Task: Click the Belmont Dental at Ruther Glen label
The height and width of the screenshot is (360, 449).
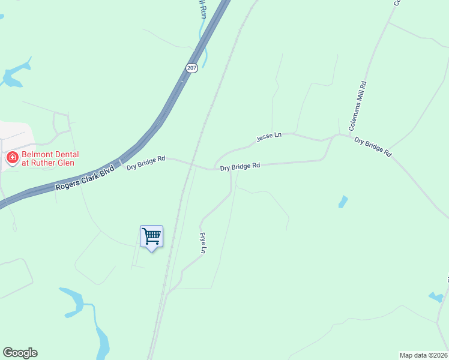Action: pyautogui.click(x=50, y=158)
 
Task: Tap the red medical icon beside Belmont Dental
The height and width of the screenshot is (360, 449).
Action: pyautogui.click(x=11, y=158)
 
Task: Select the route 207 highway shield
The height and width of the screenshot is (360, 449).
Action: pyautogui.click(x=191, y=68)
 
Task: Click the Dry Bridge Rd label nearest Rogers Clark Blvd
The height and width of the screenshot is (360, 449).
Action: pyautogui.click(x=146, y=162)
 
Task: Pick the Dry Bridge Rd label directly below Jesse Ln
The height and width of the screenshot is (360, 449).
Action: pyautogui.click(x=240, y=167)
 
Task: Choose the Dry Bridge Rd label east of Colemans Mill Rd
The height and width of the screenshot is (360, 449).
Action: pyautogui.click(x=373, y=146)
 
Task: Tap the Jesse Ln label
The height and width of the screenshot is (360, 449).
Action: pyautogui.click(x=269, y=137)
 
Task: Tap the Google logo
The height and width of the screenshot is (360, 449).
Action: pyautogui.click(x=20, y=353)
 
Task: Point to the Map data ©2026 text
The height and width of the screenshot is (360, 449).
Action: pyautogui.click(x=423, y=355)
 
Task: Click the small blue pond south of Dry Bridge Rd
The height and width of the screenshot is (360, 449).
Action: pyautogui.click(x=343, y=202)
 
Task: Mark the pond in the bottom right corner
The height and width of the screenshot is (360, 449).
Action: pyautogui.click(x=436, y=296)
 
